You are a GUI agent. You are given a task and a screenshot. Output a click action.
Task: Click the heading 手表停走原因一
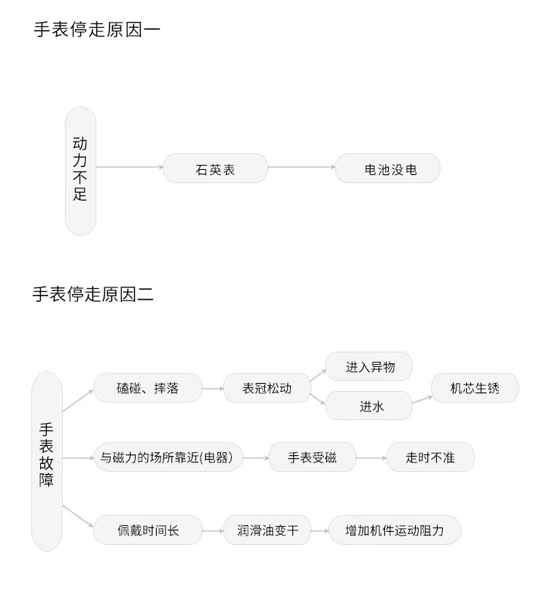click(x=97, y=30)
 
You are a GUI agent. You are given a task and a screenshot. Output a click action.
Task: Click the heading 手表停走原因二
click(x=93, y=295)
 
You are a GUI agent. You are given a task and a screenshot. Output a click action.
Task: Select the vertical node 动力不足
click(x=80, y=171)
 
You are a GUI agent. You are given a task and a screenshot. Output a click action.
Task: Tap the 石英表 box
click(x=216, y=168)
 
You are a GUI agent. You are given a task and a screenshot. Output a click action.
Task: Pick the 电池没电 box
click(x=388, y=168)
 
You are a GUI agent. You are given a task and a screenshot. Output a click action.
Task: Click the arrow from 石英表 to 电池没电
click(x=301, y=167)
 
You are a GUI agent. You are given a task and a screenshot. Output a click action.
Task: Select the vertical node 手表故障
click(x=47, y=461)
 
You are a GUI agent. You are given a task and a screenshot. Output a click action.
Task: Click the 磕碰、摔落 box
click(x=148, y=387)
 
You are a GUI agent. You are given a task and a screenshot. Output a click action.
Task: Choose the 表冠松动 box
click(x=267, y=387)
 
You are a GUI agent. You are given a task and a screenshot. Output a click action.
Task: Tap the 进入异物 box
click(x=369, y=366)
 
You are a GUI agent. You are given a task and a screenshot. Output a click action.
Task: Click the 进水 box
click(x=369, y=406)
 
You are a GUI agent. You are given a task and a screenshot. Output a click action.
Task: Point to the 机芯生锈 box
click(x=475, y=387)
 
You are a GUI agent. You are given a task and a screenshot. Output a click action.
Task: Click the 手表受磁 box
click(x=312, y=457)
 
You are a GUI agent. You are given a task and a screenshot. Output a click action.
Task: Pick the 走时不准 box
click(x=431, y=457)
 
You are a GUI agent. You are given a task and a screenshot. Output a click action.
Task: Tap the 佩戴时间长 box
click(x=148, y=530)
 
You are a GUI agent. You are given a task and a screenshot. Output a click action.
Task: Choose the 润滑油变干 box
click(x=267, y=530)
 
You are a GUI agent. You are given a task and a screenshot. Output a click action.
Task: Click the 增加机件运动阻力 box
click(x=395, y=530)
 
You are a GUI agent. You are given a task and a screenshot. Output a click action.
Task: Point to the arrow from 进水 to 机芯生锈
click(x=422, y=400)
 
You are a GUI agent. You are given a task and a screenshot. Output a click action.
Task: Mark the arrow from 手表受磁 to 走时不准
click(x=371, y=457)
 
